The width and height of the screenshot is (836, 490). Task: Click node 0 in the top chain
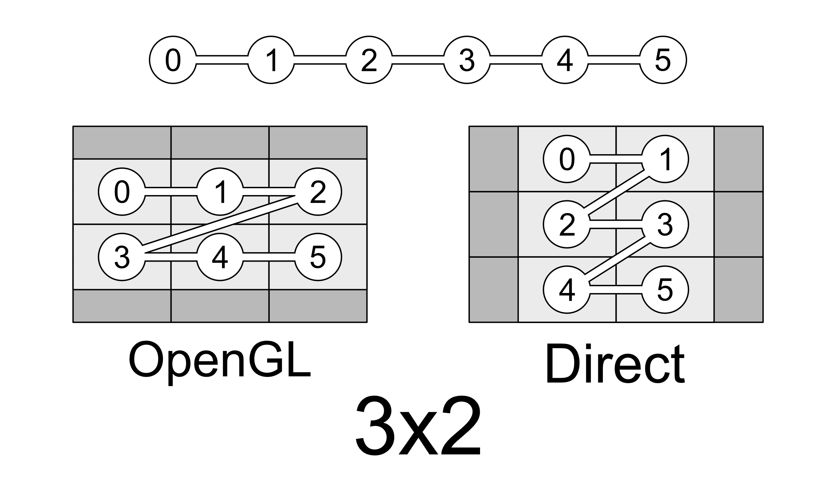pos(173,60)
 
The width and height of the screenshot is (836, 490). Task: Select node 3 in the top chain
pos(467,60)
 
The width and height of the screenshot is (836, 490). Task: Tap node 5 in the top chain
pos(663,60)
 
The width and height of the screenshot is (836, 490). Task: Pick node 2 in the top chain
pos(369,60)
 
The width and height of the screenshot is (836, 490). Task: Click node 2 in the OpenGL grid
pos(318,192)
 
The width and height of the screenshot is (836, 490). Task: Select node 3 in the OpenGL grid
pos(122,257)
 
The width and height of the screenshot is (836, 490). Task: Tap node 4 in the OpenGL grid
pos(220,257)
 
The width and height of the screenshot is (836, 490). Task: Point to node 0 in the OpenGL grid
pos(122,192)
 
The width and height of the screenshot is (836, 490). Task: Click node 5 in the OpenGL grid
pos(318,257)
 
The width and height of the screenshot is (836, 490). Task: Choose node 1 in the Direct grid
pos(665,159)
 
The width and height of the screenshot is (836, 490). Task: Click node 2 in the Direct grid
pos(567,224)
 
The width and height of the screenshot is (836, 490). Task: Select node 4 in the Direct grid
pos(567,290)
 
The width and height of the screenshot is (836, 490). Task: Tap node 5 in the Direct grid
pos(665,290)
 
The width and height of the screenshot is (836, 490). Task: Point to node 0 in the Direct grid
pos(567,159)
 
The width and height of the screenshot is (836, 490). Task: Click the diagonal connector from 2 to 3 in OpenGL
pos(220,225)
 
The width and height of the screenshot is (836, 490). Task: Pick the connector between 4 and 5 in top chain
pos(614,60)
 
